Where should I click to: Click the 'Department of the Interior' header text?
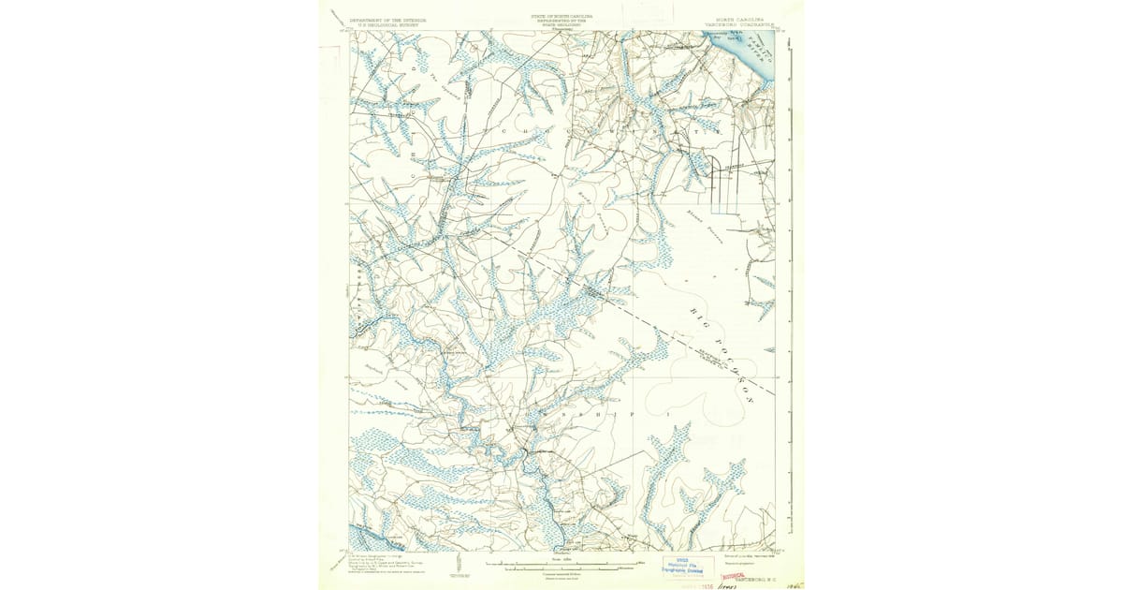[386, 20]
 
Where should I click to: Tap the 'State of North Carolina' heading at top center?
[561, 18]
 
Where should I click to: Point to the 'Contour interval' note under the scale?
[560, 573]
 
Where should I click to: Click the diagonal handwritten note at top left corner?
[338, 16]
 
